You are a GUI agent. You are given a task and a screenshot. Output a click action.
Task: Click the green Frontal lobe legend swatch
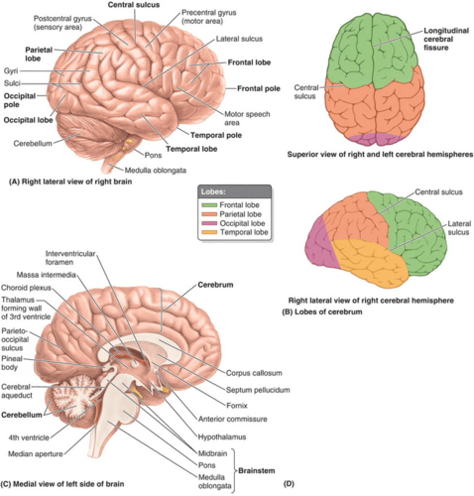tap(209, 205)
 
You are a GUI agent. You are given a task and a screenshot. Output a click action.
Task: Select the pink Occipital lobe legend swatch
tap(209, 223)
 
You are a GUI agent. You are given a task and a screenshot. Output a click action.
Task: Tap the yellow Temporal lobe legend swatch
tap(209, 232)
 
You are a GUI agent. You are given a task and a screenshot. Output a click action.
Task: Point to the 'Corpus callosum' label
tap(254, 373)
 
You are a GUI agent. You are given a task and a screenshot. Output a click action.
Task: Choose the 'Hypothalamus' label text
tap(222, 436)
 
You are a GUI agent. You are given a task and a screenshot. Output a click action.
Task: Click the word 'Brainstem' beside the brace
tap(256, 470)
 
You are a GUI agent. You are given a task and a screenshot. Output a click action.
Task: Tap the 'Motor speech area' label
tap(247, 118)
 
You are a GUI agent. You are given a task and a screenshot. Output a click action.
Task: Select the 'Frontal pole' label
tap(258, 88)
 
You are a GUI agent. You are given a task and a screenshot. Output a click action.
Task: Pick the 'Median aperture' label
tap(36, 454)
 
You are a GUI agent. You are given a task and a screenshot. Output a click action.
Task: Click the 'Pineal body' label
tap(12, 363)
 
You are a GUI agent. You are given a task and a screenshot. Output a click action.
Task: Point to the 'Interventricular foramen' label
tap(70, 258)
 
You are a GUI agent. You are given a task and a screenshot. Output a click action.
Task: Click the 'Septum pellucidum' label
tap(258, 390)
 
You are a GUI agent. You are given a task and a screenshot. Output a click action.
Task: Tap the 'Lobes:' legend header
tap(213, 192)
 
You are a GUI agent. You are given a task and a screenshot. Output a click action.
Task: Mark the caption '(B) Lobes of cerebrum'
tap(322, 312)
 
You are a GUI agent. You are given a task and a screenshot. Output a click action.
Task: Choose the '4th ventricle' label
tap(29, 437)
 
